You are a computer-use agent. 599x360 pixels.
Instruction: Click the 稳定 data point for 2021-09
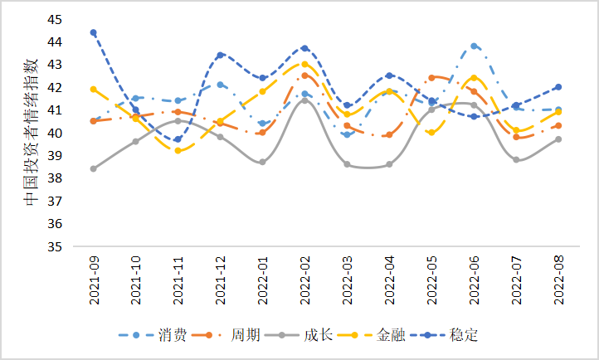(93, 32)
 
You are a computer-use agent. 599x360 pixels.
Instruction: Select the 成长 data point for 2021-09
(93, 168)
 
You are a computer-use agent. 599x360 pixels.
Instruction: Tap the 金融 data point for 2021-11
(178, 150)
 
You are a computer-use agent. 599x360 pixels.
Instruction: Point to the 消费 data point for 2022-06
(474, 46)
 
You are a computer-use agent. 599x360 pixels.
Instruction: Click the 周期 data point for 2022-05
(431, 77)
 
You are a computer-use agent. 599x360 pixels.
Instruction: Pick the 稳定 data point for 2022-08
(558, 86)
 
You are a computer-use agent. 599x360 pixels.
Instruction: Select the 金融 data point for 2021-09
(93, 89)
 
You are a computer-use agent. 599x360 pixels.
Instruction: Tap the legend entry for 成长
(304, 335)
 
